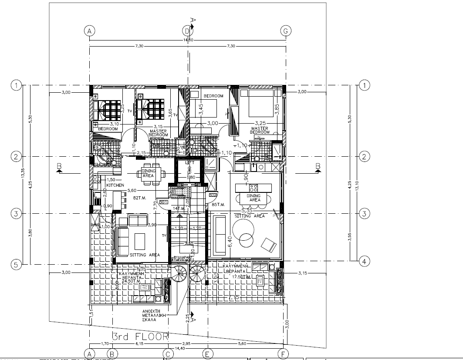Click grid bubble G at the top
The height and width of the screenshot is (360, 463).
[286, 31]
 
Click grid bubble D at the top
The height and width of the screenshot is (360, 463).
[187, 31]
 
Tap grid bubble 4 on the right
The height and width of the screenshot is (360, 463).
[364, 261]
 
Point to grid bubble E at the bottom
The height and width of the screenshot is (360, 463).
[208, 354]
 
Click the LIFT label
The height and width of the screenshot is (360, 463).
[189, 162]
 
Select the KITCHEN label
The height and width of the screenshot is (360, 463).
[115, 185]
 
